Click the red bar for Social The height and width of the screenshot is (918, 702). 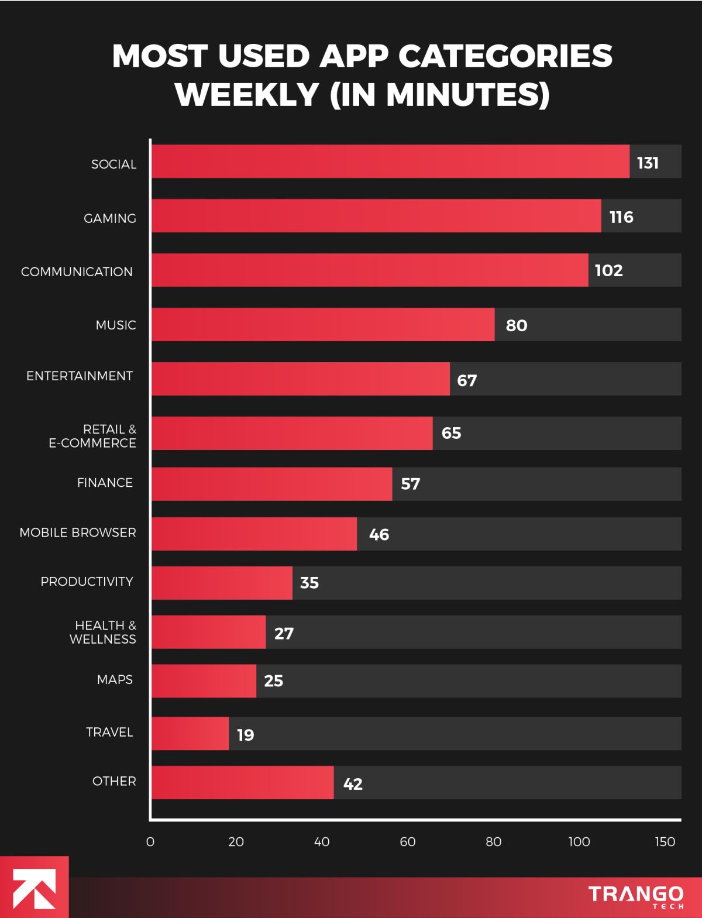click(390, 161)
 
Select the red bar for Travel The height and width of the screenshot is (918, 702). click(190, 734)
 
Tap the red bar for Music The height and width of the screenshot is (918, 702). click(323, 325)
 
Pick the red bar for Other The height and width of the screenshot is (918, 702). click(243, 783)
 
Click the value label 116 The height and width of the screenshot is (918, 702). click(621, 217)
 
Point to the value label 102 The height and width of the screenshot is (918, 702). click(608, 270)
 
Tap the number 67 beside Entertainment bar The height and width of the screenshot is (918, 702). click(467, 380)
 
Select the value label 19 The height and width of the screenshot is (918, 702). click(246, 735)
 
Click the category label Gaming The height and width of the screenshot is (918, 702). click(110, 218)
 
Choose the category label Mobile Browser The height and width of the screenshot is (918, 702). click(78, 532)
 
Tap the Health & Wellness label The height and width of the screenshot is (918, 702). click(103, 632)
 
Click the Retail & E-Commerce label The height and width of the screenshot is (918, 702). click(92, 436)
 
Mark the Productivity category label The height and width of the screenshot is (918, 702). click(87, 582)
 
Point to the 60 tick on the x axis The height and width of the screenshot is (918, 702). click(408, 841)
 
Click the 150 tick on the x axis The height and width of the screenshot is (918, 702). click(665, 841)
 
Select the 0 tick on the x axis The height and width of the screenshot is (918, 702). click(150, 841)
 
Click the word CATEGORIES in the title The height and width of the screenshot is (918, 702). click(505, 56)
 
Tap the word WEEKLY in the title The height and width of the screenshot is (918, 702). click(247, 95)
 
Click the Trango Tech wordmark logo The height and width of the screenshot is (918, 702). click(636, 897)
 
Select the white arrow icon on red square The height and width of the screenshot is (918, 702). click(34, 888)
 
